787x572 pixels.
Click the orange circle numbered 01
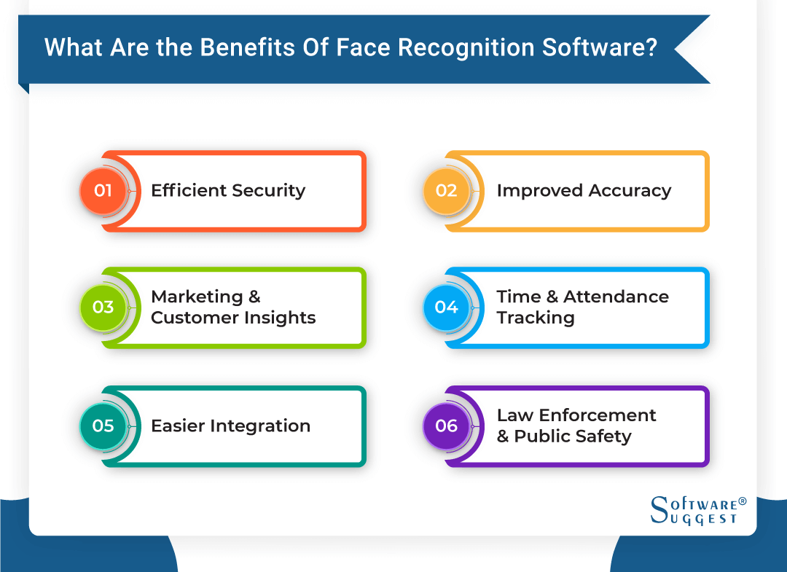(x=103, y=191)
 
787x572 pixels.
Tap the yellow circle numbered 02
(x=446, y=191)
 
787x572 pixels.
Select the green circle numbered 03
(x=103, y=307)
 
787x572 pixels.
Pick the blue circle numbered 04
(x=446, y=307)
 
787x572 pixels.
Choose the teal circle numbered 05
(x=103, y=426)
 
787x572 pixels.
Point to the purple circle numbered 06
(x=446, y=426)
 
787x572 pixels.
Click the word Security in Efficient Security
(x=268, y=191)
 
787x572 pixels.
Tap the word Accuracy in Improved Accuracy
(x=630, y=191)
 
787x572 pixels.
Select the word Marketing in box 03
(x=197, y=297)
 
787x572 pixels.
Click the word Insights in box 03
(x=281, y=318)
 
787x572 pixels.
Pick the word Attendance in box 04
(x=616, y=297)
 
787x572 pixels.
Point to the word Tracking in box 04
(x=536, y=318)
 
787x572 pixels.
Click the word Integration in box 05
(x=260, y=426)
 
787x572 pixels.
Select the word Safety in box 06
(x=603, y=436)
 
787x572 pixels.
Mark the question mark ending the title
(x=651, y=47)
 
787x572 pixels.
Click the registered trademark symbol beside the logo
(x=743, y=501)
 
